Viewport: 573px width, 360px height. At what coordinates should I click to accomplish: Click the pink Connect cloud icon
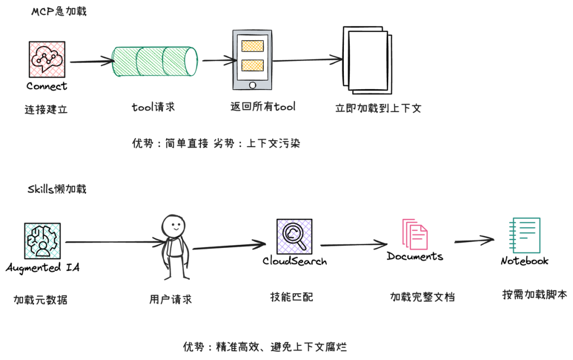(47, 60)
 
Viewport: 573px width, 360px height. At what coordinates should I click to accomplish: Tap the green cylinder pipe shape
(155, 62)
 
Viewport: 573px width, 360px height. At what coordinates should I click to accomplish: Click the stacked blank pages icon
(367, 61)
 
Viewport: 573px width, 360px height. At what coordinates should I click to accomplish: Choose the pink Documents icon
(414, 234)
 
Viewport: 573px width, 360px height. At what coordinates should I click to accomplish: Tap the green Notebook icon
(524, 235)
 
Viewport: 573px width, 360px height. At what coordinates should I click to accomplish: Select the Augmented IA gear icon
(42, 241)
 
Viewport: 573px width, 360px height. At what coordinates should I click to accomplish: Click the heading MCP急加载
(58, 11)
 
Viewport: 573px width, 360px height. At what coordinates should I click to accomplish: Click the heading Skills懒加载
(57, 189)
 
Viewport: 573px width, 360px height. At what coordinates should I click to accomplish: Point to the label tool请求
(153, 107)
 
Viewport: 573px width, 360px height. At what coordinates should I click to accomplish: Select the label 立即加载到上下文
(378, 108)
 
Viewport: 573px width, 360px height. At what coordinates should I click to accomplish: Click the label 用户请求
(170, 299)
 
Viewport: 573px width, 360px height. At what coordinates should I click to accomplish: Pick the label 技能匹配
(291, 297)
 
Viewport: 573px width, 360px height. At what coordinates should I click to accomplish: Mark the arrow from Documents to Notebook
(474, 241)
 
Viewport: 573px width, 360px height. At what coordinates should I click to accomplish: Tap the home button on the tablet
(252, 85)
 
